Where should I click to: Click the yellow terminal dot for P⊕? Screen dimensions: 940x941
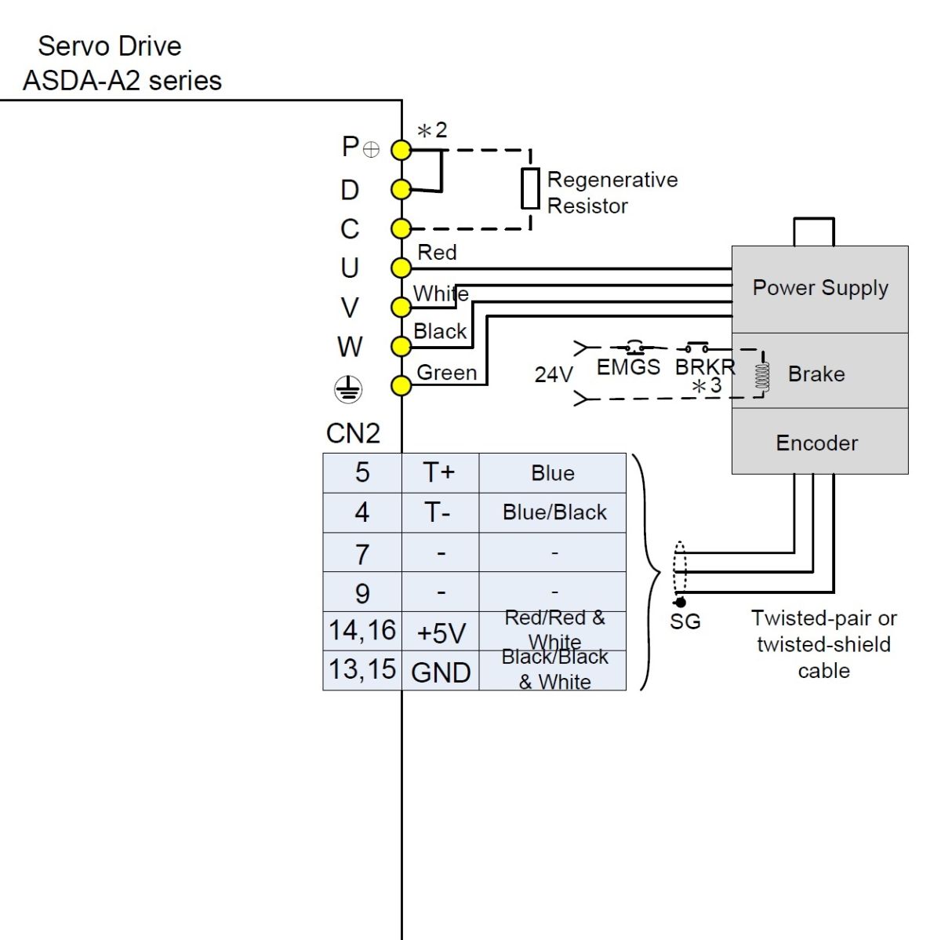[401, 150]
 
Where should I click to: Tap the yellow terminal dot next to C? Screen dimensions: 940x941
[401, 229]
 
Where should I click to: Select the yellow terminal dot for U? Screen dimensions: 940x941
[401, 268]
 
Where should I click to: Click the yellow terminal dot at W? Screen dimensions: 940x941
[401, 346]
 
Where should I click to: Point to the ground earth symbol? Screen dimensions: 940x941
[349, 388]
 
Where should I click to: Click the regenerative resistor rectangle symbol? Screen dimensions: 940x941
[531, 189]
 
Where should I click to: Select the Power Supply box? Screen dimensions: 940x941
[819, 289]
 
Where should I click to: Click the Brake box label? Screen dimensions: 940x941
[816, 374]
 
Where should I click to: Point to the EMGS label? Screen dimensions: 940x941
[628, 367]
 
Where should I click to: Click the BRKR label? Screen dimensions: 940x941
[705, 366]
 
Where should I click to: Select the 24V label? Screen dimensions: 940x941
[554, 375]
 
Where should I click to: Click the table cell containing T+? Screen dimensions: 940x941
[439, 473]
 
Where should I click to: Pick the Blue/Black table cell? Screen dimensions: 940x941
[554, 512]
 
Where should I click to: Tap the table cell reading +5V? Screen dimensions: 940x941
[441, 632]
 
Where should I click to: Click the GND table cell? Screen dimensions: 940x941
[441, 672]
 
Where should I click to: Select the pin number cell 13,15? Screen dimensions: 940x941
[362, 670]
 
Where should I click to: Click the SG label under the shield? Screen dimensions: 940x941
[685, 622]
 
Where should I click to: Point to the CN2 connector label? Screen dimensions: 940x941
[353, 433]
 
